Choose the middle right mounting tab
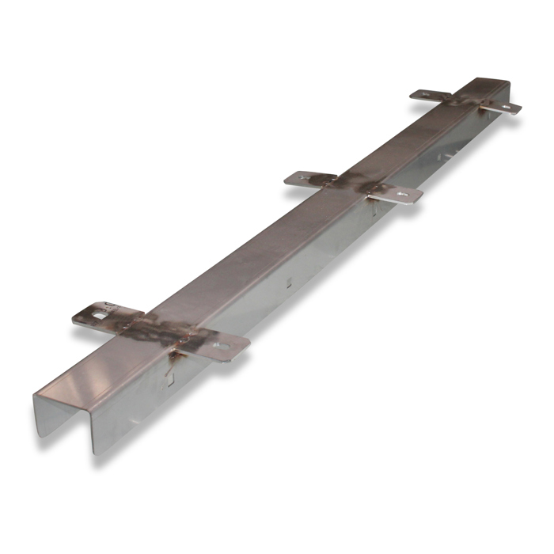tap(396, 192)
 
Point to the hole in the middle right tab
tap(404, 192)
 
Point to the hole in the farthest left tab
tap(423, 94)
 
